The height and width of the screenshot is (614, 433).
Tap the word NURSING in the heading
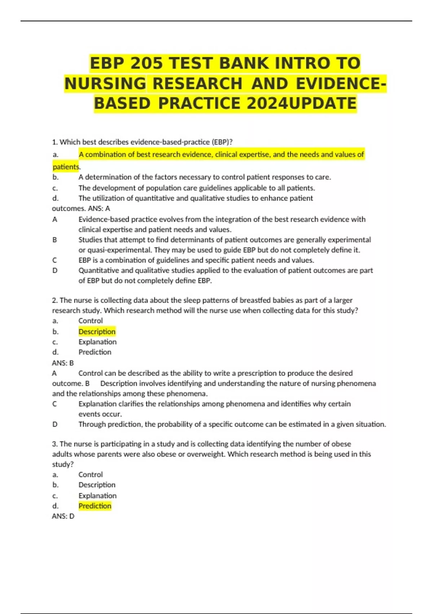(105, 83)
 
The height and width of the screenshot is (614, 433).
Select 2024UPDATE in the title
(302, 103)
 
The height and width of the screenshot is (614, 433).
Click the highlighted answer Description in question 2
(97, 332)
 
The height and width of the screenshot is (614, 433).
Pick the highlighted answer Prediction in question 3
(95, 506)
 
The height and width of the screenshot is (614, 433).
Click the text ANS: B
(63, 363)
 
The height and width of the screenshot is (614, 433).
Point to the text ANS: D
(63, 516)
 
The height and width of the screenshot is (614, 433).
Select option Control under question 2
(91, 321)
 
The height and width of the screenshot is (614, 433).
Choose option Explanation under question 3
(97, 496)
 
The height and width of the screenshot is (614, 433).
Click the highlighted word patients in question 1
(66, 167)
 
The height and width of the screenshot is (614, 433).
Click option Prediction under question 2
(95, 352)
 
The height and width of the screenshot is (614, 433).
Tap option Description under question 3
(97, 485)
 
